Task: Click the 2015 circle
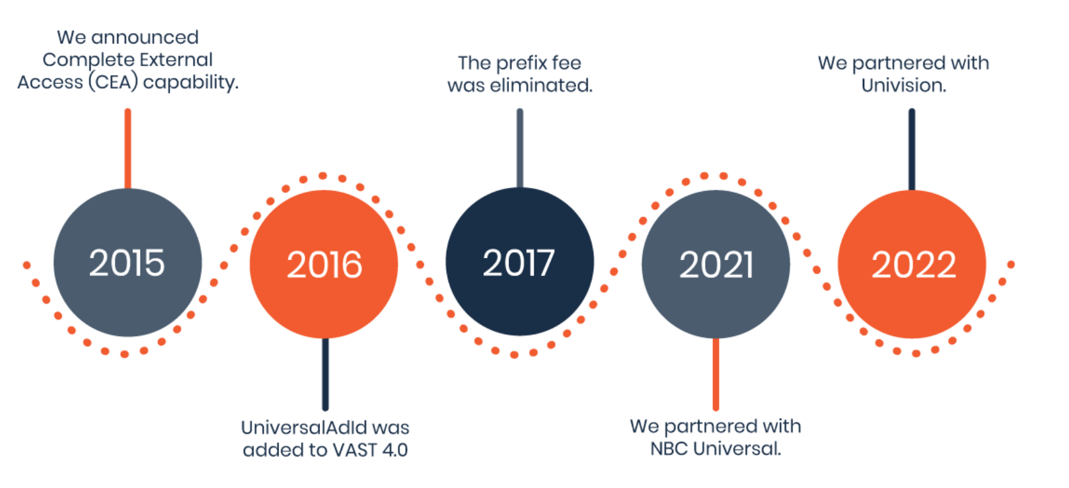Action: tap(127, 262)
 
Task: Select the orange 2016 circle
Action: tap(324, 264)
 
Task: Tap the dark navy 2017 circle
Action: tap(519, 262)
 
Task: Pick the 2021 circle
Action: tap(716, 264)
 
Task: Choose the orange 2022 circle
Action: tap(912, 264)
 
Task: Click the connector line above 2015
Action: tap(128, 149)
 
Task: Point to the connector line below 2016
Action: tap(325, 374)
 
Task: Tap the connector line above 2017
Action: tap(520, 149)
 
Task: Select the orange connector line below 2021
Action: tap(716, 374)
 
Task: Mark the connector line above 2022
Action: tap(912, 149)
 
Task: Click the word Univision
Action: tap(903, 85)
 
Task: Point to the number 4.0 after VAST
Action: tap(394, 450)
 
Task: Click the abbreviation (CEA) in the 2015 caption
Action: tap(113, 83)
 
